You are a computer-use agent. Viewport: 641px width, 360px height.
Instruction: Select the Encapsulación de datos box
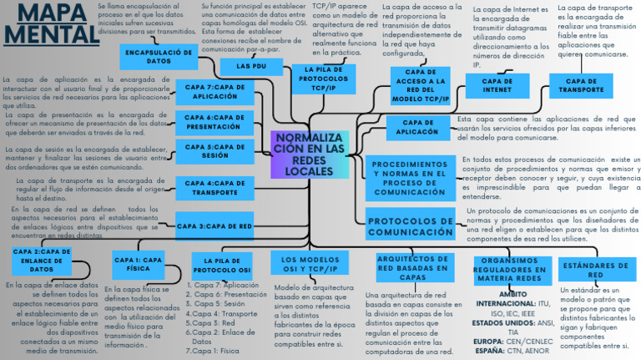[x=159, y=57]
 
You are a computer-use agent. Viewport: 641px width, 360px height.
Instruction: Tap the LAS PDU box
[x=251, y=65]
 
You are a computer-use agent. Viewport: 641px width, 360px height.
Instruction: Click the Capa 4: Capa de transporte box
[x=215, y=187]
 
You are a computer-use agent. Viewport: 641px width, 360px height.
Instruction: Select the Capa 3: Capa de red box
[x=215, y=226]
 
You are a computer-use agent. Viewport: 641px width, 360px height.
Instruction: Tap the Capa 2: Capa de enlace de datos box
[x=42, y=260]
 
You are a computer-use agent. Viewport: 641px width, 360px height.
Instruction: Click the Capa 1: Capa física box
[x=139, y=264]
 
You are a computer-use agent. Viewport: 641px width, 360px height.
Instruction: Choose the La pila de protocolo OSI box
[x=222, y=265]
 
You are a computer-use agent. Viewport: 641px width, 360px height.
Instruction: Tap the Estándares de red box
[x=595, y=270]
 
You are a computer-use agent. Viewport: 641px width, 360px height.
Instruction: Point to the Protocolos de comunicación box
[x=410, y=226]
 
